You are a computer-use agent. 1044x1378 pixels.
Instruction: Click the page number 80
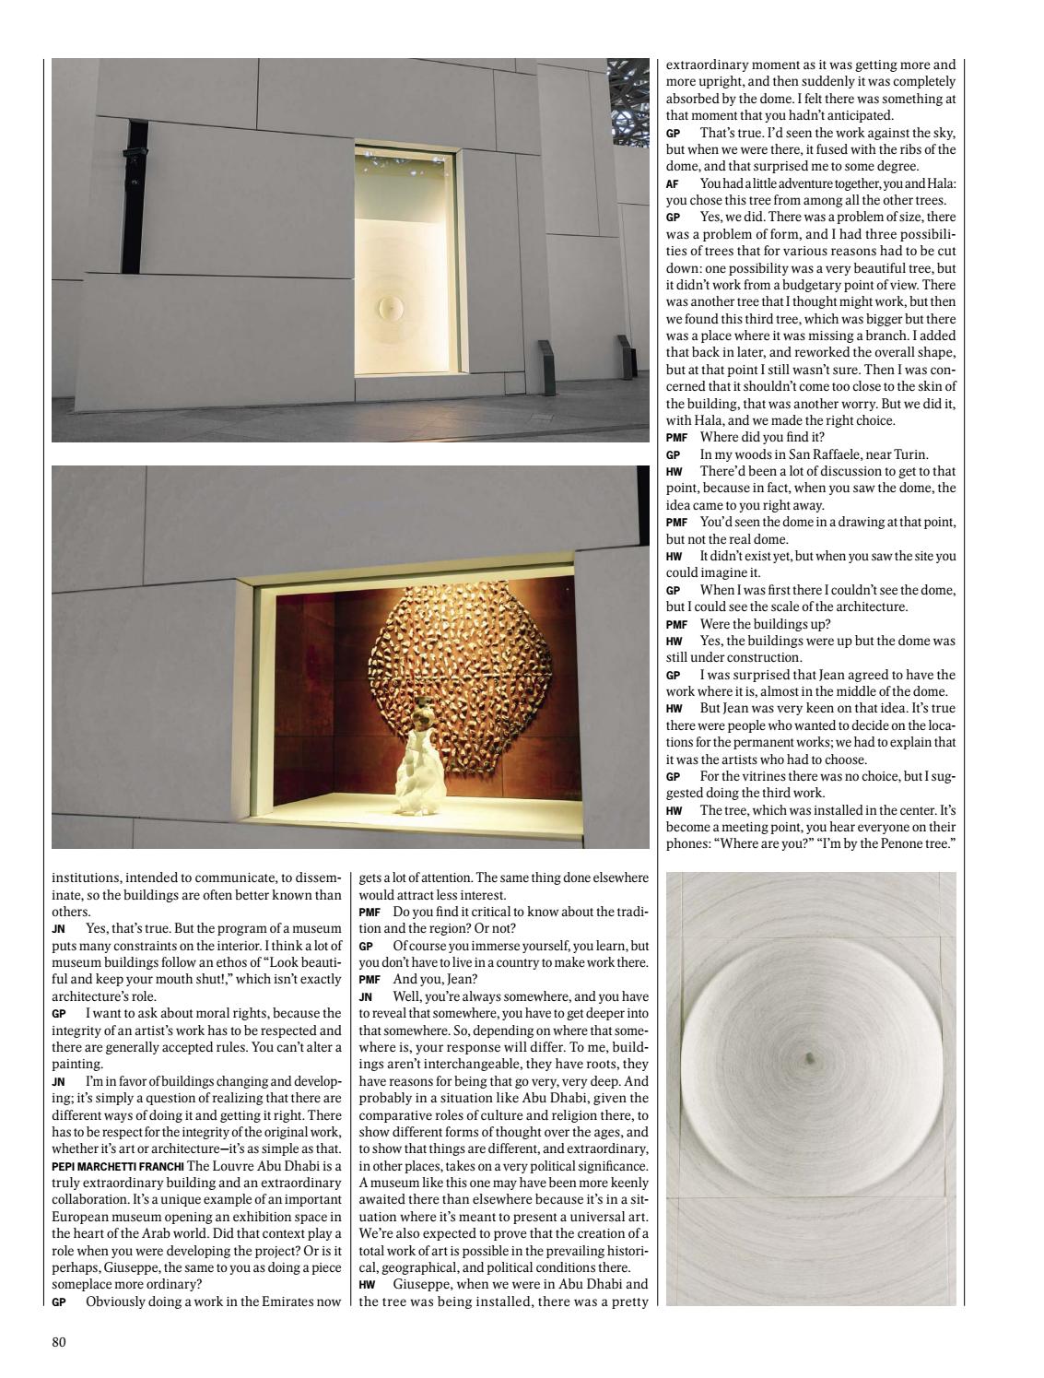59,1341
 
